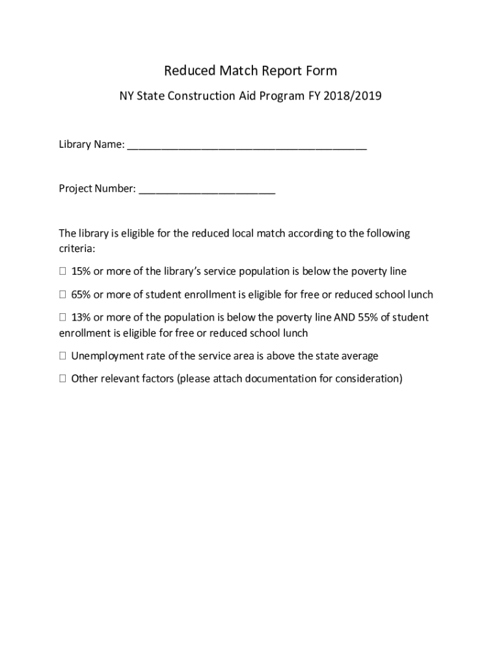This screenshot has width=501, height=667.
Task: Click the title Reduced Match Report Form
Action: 250,70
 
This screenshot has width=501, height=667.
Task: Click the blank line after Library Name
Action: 247,146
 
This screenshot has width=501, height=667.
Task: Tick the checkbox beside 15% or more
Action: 62,271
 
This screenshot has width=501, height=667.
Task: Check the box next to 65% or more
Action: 62,294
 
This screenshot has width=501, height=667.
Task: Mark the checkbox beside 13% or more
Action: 62,318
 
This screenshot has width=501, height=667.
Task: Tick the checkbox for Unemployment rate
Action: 62,356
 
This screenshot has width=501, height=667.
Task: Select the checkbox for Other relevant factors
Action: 62,378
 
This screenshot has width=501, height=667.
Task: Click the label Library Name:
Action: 91,145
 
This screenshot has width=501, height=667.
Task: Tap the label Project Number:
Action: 97,189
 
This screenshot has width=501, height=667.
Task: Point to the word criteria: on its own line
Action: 77,249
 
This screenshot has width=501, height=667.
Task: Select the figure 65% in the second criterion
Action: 81,294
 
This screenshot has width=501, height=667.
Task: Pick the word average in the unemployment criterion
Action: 360,356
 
